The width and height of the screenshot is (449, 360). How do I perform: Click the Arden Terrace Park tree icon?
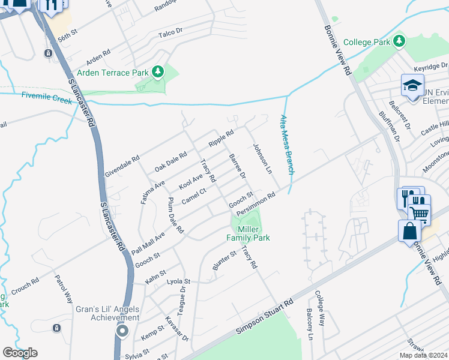point(158,73)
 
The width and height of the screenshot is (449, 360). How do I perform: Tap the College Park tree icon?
point(398,42)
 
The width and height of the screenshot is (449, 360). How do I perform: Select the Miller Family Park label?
point(248,233)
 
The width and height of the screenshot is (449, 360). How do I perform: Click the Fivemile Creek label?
point(47,97)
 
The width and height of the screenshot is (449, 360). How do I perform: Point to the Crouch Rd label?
point(25,286)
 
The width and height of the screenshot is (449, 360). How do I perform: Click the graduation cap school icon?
point(413,85)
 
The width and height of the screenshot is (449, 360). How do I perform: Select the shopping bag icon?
point(409,231)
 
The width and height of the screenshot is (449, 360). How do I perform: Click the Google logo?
point(20,353)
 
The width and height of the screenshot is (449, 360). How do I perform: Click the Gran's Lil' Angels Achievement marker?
point(122,331)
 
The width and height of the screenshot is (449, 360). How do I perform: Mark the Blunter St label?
point(224,264)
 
